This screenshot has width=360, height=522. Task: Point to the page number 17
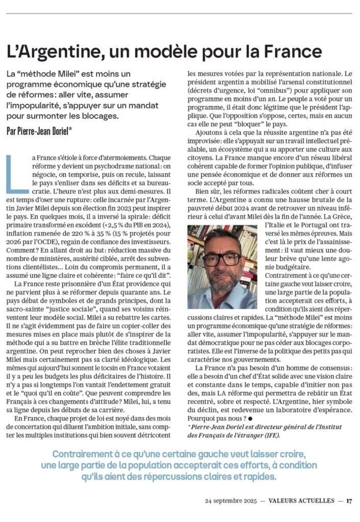pos(349,500)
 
